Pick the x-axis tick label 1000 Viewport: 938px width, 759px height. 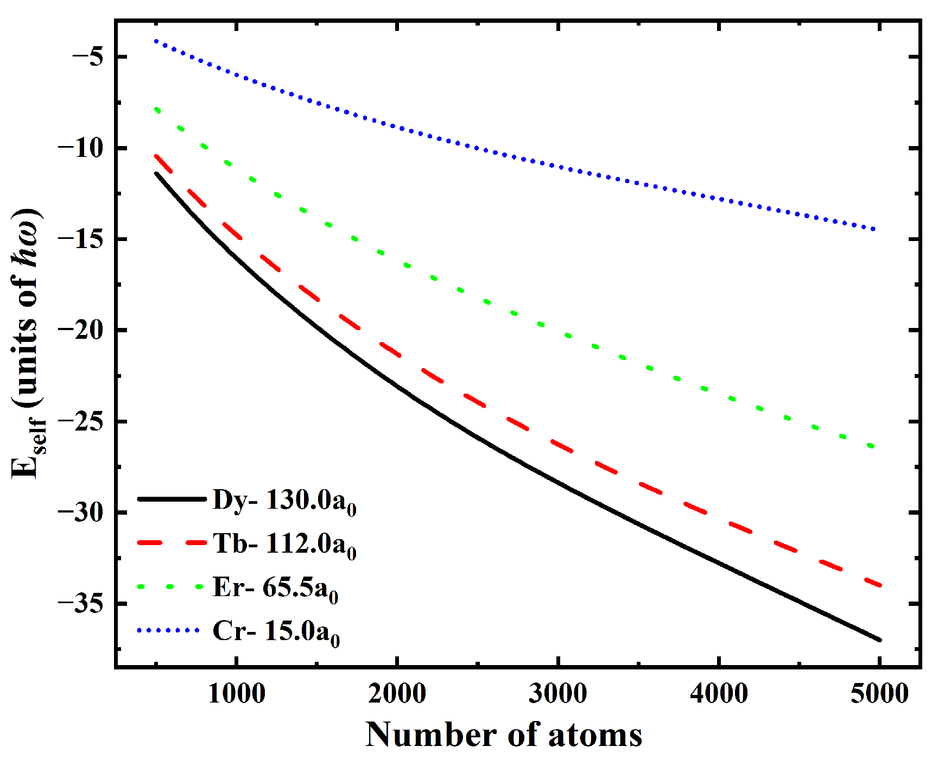237,694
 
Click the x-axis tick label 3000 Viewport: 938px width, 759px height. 558,694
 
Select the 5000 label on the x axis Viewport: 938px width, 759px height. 879,694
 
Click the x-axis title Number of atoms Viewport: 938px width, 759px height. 503,735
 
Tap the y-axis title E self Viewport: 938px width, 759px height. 27,343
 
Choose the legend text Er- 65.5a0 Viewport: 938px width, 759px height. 276,588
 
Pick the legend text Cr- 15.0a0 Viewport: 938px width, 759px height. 276,631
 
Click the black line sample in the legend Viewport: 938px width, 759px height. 172,498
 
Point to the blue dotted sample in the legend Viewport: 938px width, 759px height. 169,630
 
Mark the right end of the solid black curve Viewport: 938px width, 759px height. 879,640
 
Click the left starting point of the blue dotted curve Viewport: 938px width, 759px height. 156,41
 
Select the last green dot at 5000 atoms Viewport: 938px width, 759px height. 872,446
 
